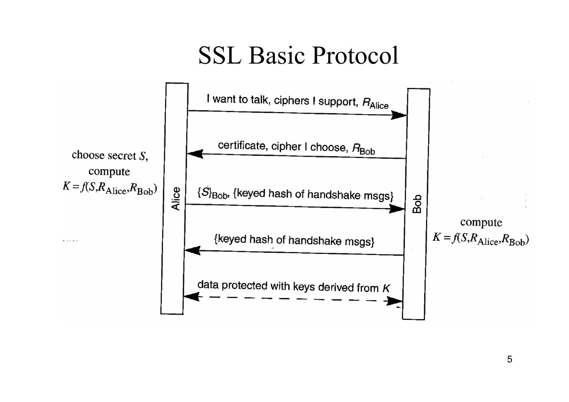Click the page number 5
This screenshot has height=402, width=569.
(x=509, y=359)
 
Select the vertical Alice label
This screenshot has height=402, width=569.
(x=176, y=199)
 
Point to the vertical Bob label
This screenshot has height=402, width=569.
(x=417, y=204)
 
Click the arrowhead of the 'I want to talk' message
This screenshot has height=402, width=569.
(x=399, y=115)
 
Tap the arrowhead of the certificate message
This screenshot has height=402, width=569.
(x=195, y=154)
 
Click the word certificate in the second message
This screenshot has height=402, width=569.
(x=242, y=145)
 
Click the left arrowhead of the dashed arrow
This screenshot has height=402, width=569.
(x=192, y=297)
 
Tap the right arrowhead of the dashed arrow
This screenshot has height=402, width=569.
(x=395, y=301)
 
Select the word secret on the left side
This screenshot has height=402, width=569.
(x=122, y=156)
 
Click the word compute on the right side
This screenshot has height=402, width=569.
(x=481, y=223)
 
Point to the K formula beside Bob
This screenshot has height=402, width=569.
(x=480, y=238)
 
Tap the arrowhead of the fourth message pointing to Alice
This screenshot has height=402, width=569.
(x=192, y=251)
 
